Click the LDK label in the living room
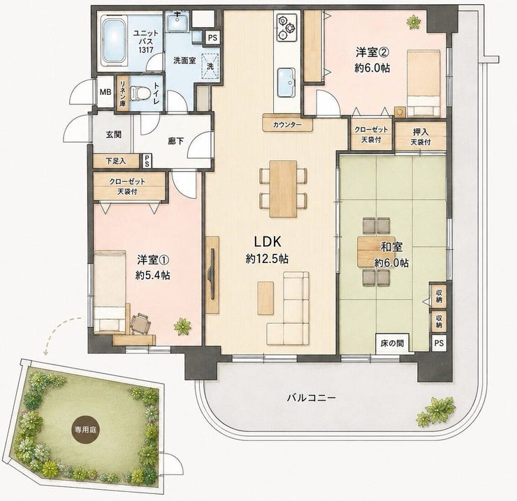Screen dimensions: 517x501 (x=268, y=241)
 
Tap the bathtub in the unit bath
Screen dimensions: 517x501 (x=114, y=40)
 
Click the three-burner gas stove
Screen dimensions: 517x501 (x=286, y=28)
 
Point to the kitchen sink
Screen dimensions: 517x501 (x=286, y=82)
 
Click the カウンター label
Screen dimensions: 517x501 (x=287, y=125)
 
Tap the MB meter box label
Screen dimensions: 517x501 (x=105, y=92)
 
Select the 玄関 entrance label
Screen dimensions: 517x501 (x=114, y=135)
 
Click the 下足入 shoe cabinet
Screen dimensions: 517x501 (x=117, y=161)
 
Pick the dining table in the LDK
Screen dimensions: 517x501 (x=283, y=188)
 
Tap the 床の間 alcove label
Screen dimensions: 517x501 (x=392, y=343)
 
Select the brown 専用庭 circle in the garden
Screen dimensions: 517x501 (x=85, y=430)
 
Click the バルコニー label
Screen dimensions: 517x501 (x=312, y=398)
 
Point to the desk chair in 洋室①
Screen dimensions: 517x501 (x=141, y=323)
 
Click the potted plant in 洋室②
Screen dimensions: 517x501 (x=414, y=22)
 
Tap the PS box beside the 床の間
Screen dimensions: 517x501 (x=439, y=343)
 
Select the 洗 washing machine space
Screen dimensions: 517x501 (x=210, y=66)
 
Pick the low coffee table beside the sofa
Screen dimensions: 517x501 (x=265, y=298)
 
